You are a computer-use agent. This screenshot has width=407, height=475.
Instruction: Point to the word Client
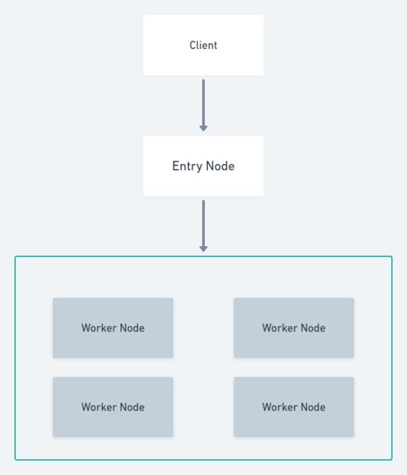coord(203,46)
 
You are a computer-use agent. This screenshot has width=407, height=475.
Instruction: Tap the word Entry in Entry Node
coord(187,166)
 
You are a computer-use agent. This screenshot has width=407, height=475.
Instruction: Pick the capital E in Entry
coord(176,166)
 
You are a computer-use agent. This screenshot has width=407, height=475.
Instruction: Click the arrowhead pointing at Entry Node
coord(203,128)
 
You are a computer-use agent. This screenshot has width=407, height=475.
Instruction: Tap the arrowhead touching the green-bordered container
coord(203,248)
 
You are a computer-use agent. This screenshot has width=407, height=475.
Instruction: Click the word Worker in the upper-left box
coord(99,328)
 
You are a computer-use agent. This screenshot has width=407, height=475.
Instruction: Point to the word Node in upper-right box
coord(312,328)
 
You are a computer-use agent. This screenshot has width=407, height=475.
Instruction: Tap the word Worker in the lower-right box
coord(279,407)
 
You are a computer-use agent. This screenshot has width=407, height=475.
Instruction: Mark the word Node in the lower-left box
coord(131,407)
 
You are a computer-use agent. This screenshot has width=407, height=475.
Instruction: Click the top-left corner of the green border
coord(16,257)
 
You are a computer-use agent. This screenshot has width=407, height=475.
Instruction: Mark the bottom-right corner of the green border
coord(391,458)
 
